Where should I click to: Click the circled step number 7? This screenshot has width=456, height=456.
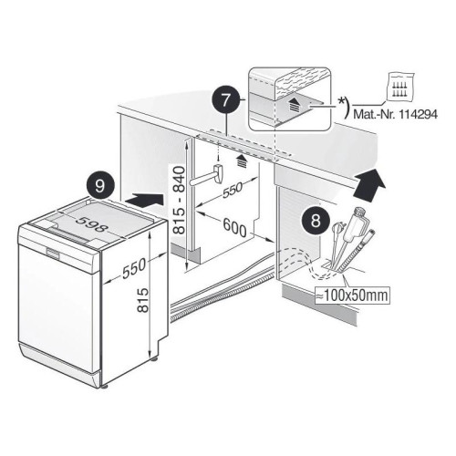click(x=225, y=101)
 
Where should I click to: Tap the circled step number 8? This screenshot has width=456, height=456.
click(x=316, y=221)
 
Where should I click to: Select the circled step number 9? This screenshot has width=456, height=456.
click(x=100, y=186)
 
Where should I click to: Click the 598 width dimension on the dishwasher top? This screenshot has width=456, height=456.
click(x=92, y=223)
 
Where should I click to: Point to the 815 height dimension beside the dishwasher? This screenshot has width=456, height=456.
click(x=142, y=300)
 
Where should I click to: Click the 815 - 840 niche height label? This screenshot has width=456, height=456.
click(x=179, y=200)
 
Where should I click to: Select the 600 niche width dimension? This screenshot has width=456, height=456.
click(x=234, y=227)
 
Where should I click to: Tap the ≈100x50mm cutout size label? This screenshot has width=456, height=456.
click(x=352, y=295)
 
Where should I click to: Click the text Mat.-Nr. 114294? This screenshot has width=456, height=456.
click(x=395, y=115)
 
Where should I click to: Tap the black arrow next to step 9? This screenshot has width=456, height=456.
click(x=144, y=201)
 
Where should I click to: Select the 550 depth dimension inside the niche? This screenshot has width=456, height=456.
click(x=233, y=190)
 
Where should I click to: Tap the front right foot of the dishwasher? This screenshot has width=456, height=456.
click(x=105, y=388)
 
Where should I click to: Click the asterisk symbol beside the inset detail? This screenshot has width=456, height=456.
click(x=341, y=101)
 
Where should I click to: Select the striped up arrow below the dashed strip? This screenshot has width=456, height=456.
click(x=242, y=161)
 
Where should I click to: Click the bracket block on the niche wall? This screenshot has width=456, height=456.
click(x=219, y=173)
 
